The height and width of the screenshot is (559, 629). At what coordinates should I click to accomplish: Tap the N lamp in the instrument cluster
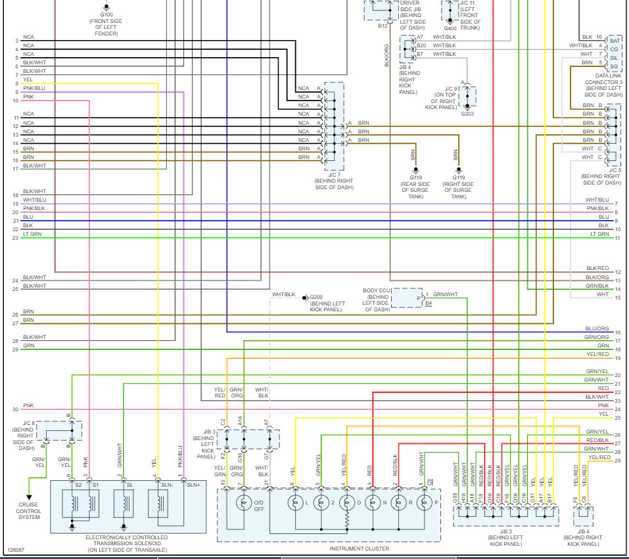[372, 504]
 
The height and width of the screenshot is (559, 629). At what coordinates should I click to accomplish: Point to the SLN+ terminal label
[192, 485]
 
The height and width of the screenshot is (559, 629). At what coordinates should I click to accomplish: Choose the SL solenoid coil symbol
[124, 504]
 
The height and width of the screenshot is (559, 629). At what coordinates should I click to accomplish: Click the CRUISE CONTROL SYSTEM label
[28, 510]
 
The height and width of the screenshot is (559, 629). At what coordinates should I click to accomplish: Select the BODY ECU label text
[377, 290]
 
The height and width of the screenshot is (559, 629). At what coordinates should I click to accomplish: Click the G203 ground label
[467, 114]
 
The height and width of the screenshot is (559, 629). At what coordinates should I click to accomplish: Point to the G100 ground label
[106, 14]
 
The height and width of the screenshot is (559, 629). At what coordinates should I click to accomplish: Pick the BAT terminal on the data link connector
[614, 40]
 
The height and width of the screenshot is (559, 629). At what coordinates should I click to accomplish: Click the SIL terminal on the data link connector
[614, 58]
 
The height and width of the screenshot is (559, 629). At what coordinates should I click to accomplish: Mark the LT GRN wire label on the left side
[31, 233]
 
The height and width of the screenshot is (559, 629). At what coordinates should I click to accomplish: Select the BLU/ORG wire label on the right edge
[599, 328]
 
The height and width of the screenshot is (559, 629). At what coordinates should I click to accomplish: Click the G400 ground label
[450, 28]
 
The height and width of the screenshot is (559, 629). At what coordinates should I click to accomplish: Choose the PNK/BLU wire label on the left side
[34, 88]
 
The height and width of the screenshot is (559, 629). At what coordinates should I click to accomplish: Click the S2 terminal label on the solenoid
[78, 485]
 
